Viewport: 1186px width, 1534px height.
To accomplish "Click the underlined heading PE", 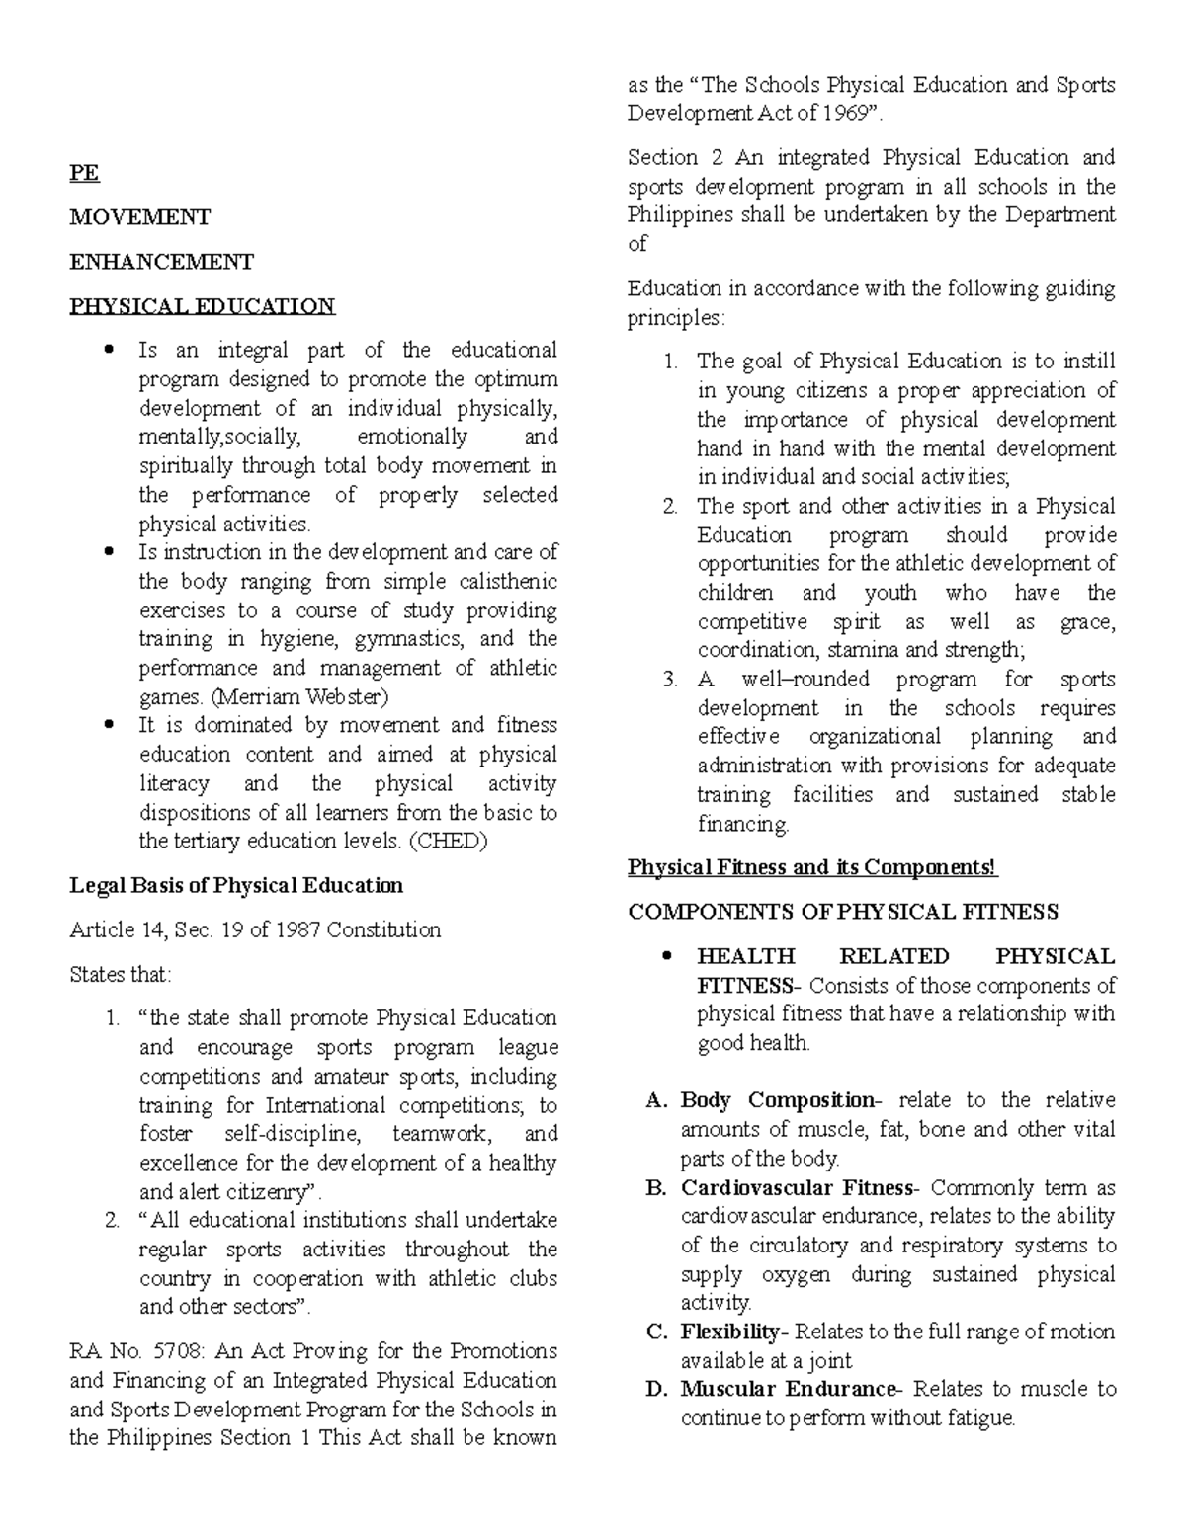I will [x=84, y=173].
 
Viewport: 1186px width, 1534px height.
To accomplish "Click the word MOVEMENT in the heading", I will [x=139, y=217].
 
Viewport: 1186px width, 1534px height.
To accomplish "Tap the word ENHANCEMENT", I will [x=161, y=262].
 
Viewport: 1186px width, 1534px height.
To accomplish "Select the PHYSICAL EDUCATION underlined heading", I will [x=202, y=306].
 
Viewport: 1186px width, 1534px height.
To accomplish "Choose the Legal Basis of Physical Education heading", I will [x=236, y=885].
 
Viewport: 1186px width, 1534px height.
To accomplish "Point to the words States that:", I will [x=121, y=974].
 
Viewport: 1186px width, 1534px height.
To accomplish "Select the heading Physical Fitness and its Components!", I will [x=813, y=867].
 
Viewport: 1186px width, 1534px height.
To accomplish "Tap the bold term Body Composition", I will [x=777, y=1100].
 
